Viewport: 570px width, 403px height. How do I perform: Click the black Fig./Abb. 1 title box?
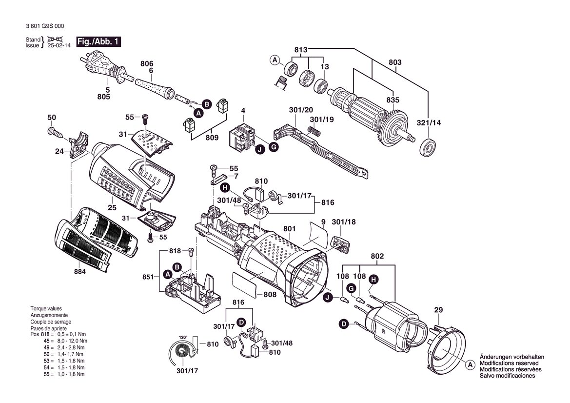click(x=98, y=41)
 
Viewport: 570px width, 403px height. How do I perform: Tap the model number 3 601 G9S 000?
click(x=45, y=26)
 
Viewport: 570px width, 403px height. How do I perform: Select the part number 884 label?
click(x=79, y=272)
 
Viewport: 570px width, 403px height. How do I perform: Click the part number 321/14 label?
click(x=429, y=122)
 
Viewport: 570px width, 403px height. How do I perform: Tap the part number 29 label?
click(x=438, y=310)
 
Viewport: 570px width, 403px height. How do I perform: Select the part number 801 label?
click(x=289, y=229)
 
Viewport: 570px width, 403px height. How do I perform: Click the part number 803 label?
click(x=395, y=62)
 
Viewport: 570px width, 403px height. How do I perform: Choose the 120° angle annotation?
click(x=183, y=337)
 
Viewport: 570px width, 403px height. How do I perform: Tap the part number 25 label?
click(x=112, y=207)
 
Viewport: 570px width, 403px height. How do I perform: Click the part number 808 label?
click(x=270, y=294)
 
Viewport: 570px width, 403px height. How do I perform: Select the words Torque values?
click(x=46, y=308)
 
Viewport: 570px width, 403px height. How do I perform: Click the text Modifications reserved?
click(x=509, y=363)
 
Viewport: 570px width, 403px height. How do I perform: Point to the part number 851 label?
click(x=148, y=277)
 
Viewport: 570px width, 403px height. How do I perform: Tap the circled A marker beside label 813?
click(x=275, y=60)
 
